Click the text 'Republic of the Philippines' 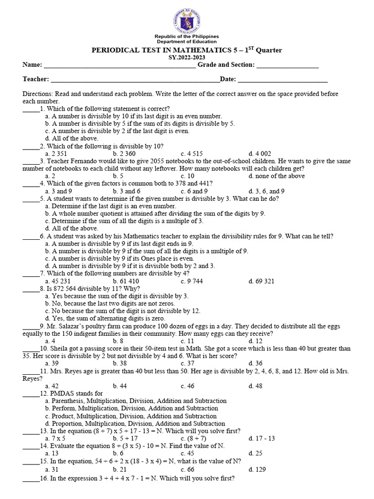click(187, 37)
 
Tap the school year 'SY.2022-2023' click(187, 58)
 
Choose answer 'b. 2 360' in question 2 click(124, 154)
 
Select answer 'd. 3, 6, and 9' click(266, 191)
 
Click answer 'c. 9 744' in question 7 click(192, 281)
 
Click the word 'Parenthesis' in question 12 click(68, 401)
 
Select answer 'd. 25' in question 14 click(255, 453)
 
